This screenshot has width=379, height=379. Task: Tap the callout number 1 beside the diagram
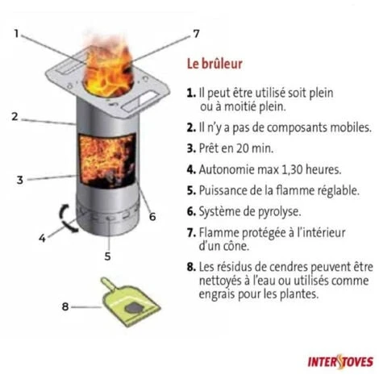coord(17,33)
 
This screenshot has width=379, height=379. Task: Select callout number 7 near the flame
coord(195,34)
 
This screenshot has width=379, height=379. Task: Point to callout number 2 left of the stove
coord(15,116)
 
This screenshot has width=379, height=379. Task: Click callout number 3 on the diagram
coord(19,179)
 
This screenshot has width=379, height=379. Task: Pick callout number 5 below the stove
coord(107,256)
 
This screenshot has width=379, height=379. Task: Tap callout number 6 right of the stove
coord(152,216)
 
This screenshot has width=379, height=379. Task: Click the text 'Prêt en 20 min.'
coord(239,148)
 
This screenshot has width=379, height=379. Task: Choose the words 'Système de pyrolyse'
coord(256,212)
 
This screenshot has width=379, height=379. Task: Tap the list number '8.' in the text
coord(191,265)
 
